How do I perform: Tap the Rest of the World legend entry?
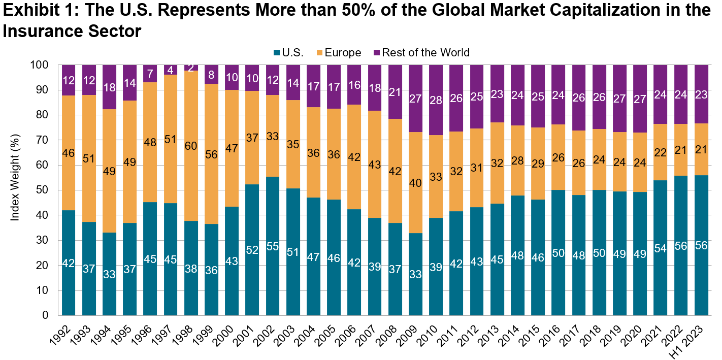[x=425, y=52]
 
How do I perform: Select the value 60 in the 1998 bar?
[x=191, y=146]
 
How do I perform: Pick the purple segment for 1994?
[x=110, y=87]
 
